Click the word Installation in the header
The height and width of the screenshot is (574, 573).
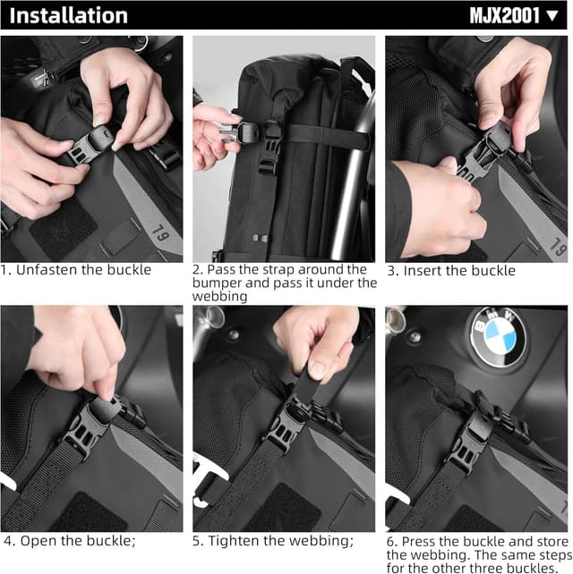(x=69, y=15)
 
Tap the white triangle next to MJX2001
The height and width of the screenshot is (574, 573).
(x=552, y=16)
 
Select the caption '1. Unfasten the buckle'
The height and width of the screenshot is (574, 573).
(x=76, y=269)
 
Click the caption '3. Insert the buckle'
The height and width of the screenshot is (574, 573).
(x=451, y=270)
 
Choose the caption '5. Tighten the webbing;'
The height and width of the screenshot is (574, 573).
(x=273, y=540)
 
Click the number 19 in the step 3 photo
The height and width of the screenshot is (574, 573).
(x=556, y=242)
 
